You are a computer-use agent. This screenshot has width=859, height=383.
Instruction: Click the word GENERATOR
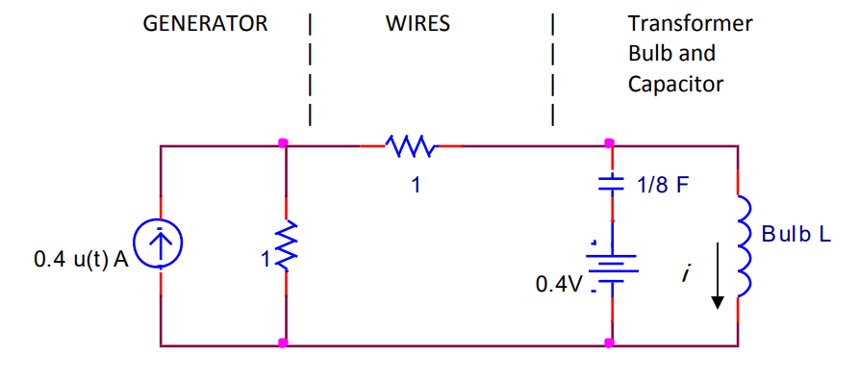pos(205,24)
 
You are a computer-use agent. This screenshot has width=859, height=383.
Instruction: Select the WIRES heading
pos(417,24)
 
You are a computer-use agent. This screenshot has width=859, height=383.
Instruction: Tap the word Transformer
pos(690,24)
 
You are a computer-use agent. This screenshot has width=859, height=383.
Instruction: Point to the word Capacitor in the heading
pos(675,85)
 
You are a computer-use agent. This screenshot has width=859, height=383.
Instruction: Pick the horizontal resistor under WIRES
pos(411,146)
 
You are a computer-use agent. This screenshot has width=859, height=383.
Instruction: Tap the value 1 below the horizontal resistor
pos(415,185)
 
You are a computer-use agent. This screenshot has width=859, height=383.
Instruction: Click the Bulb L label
pos(796,234)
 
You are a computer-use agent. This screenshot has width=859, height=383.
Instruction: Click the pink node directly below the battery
pos(610,343)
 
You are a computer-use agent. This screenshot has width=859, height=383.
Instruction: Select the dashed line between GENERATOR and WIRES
pos(309,68)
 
